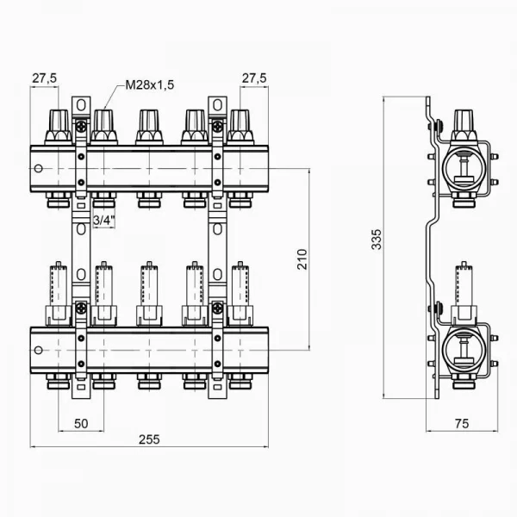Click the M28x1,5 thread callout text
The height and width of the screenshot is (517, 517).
tap(150, 85)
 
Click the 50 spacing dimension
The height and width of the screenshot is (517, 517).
tap(82, 424)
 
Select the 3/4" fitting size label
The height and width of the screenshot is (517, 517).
tap(103, 221)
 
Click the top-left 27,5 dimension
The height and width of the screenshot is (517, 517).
tap(45, 78)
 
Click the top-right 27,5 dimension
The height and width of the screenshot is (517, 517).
tap(253, 78)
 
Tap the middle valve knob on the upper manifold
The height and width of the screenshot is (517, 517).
tap(148, 126)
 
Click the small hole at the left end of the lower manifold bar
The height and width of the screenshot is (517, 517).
tap(38, 350)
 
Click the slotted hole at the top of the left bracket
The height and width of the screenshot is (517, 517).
tap(81, 106)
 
